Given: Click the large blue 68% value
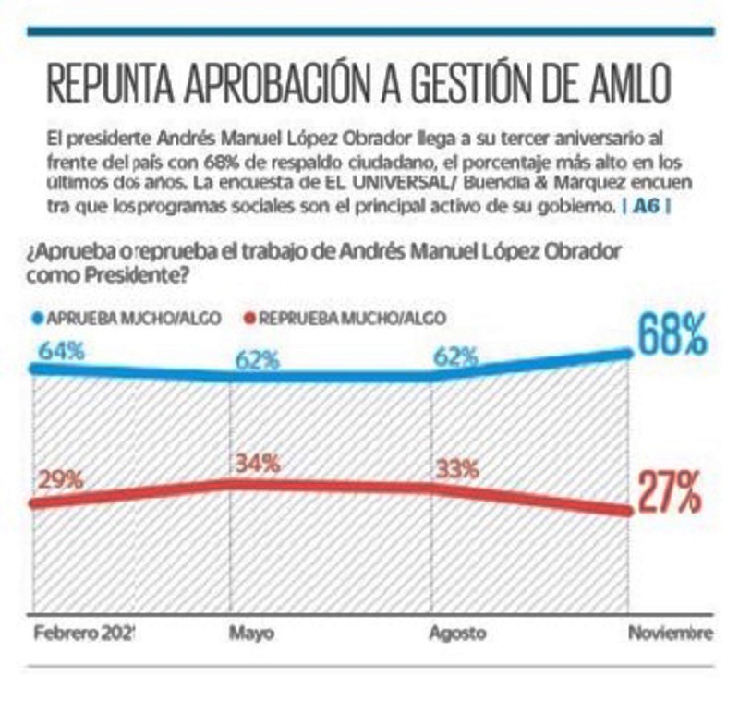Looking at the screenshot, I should click(671, 336).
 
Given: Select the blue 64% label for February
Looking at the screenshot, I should click(60, 353).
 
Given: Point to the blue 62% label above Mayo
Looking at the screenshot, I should click(257, 359).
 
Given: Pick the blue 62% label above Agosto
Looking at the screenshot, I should click(456, 356).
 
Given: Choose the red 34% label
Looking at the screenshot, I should click(257, 464).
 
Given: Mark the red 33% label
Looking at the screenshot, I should click(456, 467).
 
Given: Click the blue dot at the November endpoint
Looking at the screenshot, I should click(629, 351).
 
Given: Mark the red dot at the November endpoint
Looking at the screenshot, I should click(629, 513).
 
